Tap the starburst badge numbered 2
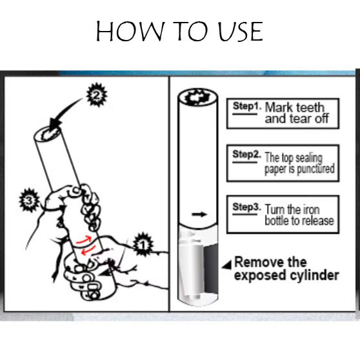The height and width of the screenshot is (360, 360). pyautogui.click(x=97, y=95)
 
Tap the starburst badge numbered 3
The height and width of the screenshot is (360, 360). pyautogui.click(x=29, y=200)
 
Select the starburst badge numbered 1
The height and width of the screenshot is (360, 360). pyautogui.click(x=143, y=245)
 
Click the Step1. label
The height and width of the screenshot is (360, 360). pyautogui.click(x=247, y=106)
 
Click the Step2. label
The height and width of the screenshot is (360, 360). pyautogui.click(x=247, y=154)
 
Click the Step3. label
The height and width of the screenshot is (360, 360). pyautogui.click(x=247, y=207)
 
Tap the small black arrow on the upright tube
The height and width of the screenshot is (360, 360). pyautogui.click(x=199, y=214)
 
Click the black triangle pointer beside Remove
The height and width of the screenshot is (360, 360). pyautogui.click(x=227, y=265)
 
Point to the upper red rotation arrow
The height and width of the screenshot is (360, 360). pyautogui.click(x=84, y=239)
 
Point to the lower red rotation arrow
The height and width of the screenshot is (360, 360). pyautogui.click(x=88, y=250)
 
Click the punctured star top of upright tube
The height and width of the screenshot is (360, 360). pyautogui.click(x=197, y=97)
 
